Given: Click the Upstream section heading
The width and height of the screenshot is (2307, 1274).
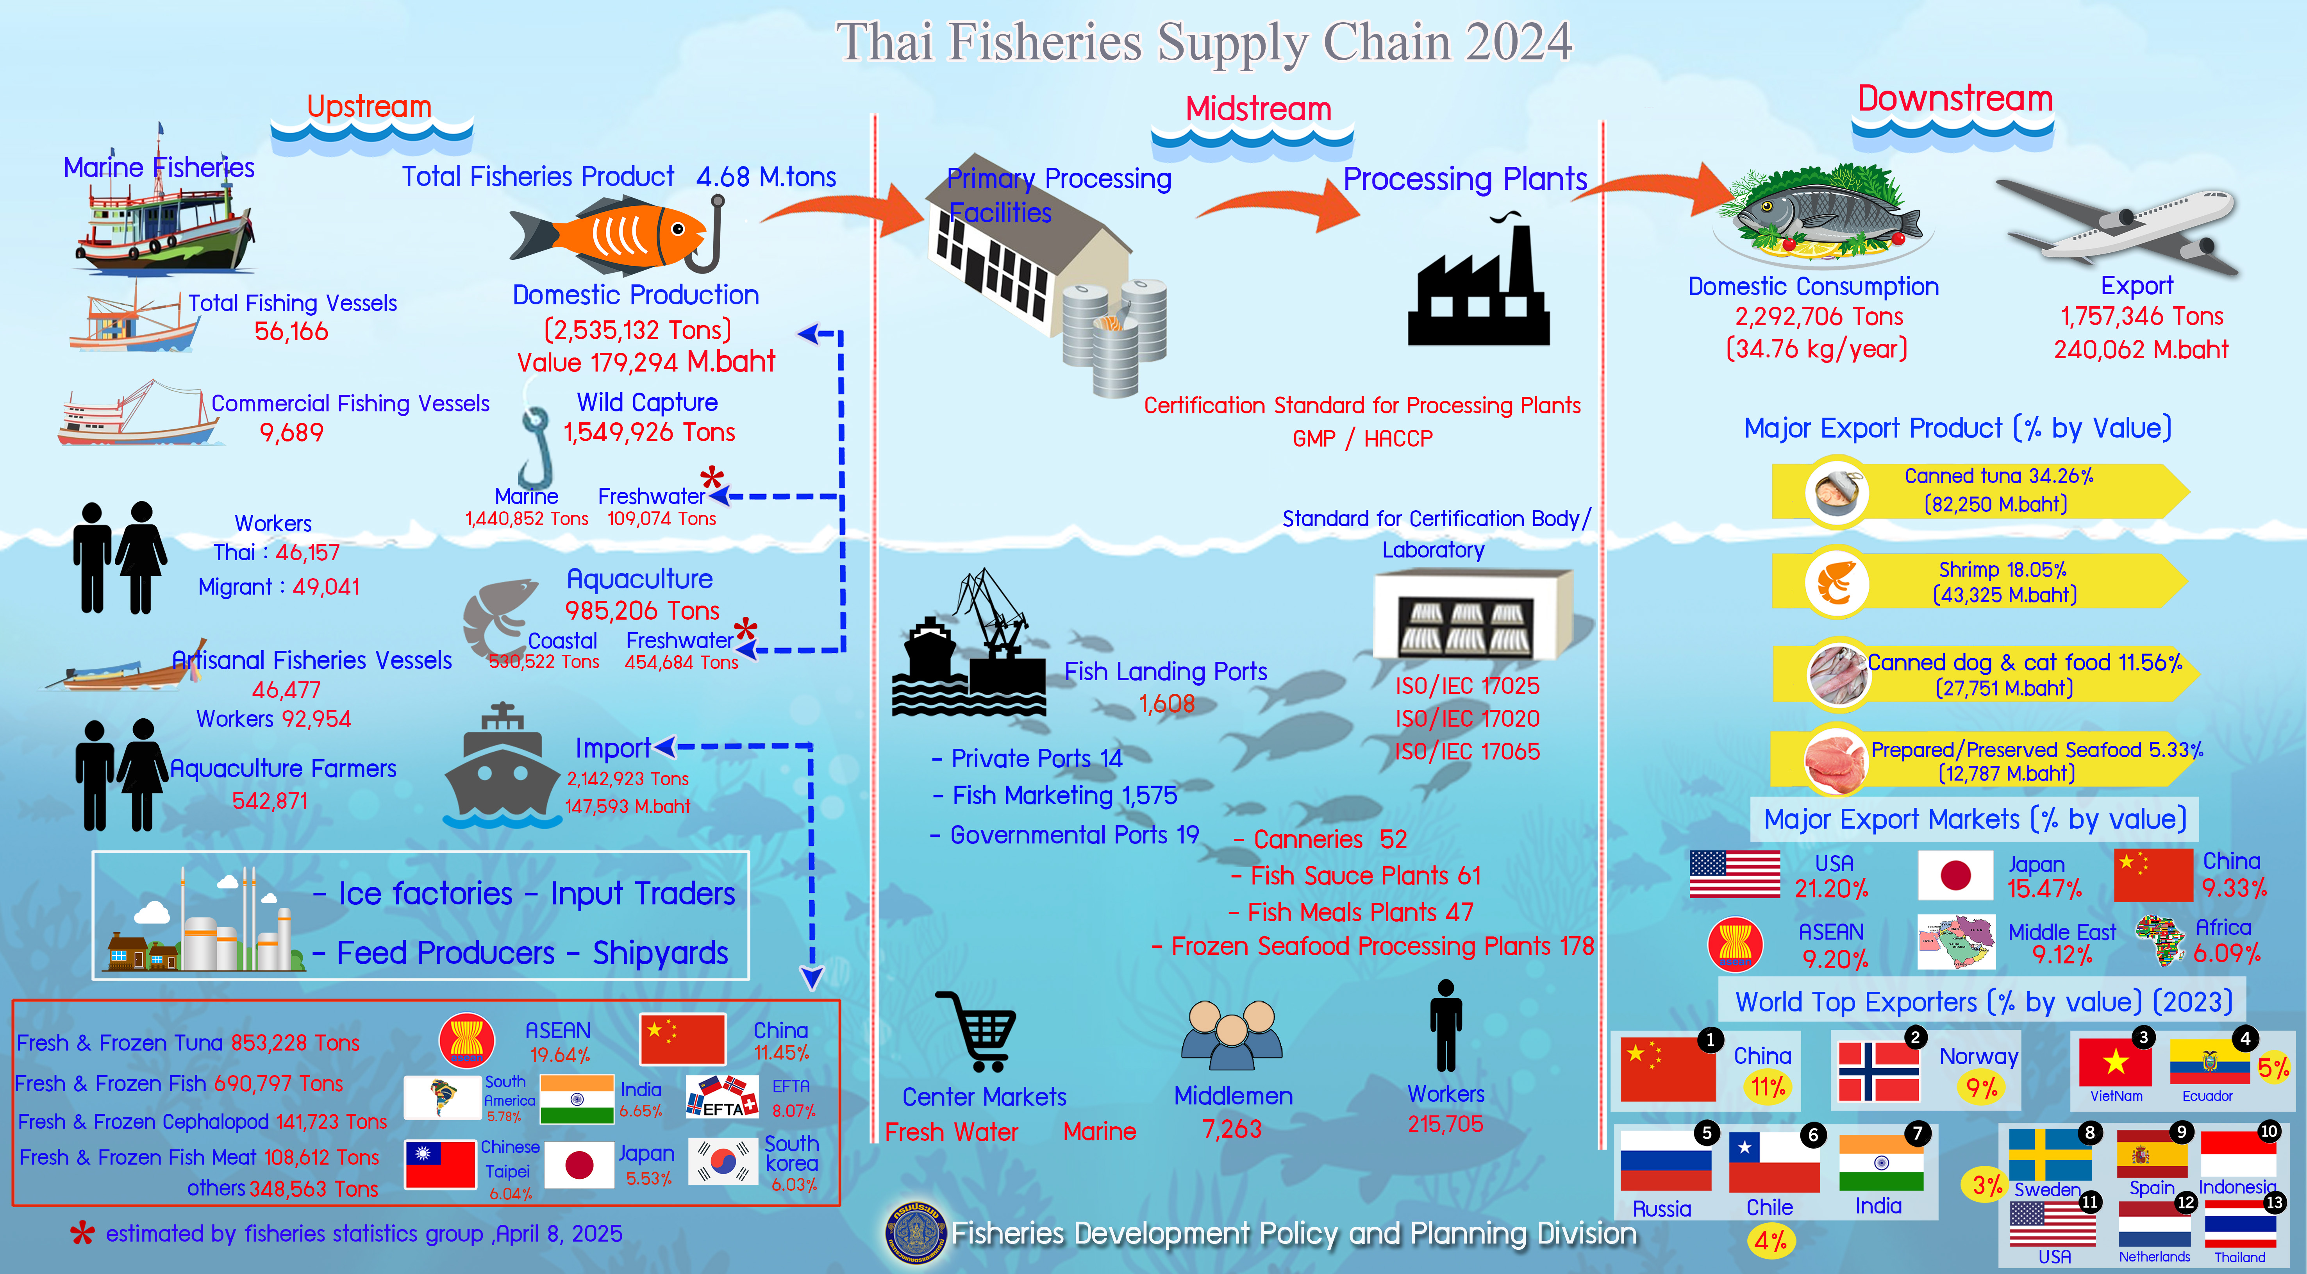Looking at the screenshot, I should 369,107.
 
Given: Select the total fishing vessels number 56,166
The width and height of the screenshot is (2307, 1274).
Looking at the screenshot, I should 291,332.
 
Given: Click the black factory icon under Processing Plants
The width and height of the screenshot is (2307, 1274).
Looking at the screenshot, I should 1478,291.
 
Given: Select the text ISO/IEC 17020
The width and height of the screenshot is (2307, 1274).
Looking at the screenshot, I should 1467,718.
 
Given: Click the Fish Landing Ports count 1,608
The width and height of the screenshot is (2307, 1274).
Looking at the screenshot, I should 1166,704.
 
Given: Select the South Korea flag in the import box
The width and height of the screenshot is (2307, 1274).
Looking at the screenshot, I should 722,1162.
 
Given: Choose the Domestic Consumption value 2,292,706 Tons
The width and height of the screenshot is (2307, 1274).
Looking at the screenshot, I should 1818,316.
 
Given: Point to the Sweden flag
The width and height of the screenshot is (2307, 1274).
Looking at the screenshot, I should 2049,1156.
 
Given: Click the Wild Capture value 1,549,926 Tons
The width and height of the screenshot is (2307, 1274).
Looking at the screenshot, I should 648,433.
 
